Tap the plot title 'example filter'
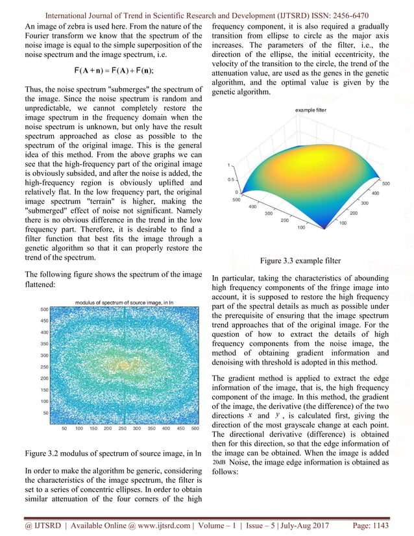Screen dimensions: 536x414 311,110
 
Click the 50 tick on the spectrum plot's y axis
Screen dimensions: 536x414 47,412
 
